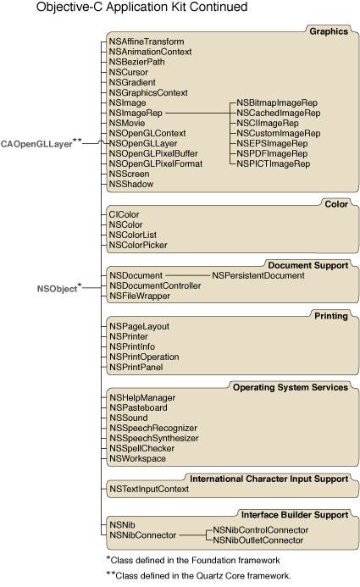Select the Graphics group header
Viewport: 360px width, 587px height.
329,31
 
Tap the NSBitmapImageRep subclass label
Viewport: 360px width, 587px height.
278,102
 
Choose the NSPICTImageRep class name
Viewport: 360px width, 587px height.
274,163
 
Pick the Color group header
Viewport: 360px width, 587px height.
336,204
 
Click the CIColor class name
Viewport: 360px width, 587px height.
125,215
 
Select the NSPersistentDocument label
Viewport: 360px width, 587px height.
258,275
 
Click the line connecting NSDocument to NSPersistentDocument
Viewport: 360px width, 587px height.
186,275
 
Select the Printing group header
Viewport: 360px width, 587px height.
331,316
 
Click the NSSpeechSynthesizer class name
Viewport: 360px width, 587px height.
154,439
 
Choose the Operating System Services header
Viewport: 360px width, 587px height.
279,387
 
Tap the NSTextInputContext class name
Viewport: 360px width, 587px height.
149,489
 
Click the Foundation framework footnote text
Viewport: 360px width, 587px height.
197,560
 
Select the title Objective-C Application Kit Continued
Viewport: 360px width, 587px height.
141,8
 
